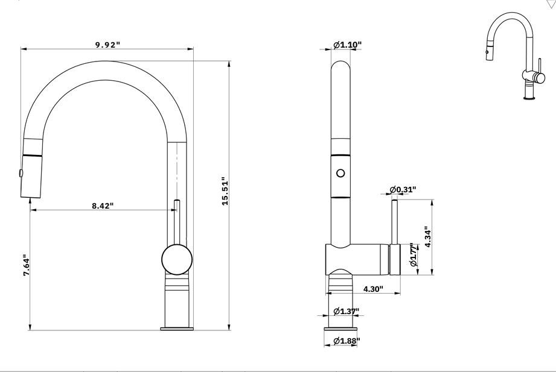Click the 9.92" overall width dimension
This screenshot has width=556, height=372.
tap(107, 45)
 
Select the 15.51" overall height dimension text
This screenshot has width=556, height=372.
tap(225, 192)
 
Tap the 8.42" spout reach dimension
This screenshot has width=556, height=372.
tap(103, 206)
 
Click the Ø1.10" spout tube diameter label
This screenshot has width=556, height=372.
tap(347, 45)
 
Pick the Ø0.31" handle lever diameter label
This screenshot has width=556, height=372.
tap(403, 189)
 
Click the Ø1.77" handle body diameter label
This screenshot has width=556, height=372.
tap(414, 256)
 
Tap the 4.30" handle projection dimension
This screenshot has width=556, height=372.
tap(373, 289)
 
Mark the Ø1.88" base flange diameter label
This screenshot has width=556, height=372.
tap(347, 341)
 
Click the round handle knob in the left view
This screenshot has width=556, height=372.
tap(177, 260)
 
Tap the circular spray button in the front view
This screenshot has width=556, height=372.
tap(340, 174)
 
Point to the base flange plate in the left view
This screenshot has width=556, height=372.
tap(177, 328)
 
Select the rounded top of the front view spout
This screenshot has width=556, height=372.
tap(340, 66)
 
